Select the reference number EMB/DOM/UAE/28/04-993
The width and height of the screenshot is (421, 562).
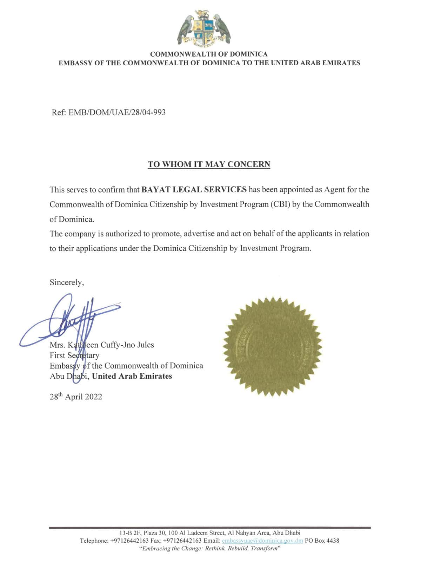[x=117, y=112]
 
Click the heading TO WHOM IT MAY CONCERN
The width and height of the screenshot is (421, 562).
[x=209, y=164]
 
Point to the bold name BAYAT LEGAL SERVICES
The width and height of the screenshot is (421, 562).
[x=194, y=190]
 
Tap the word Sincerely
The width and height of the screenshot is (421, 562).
[x=67, y=282]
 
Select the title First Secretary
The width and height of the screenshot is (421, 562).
[x=74, y=355]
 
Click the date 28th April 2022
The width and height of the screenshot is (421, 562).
[x=76, y=397]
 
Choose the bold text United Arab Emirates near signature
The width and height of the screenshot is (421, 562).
[x=132, y=376]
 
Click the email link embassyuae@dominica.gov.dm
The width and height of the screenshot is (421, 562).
[x=262, y=541]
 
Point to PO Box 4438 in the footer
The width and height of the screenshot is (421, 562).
[x=322, y=541]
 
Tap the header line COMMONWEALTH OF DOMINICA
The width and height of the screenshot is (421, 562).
[x=209, y=54]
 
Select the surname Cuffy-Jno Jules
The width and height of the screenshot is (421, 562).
[x=127, y=345]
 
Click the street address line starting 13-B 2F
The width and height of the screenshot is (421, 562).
[x=210, y=533]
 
